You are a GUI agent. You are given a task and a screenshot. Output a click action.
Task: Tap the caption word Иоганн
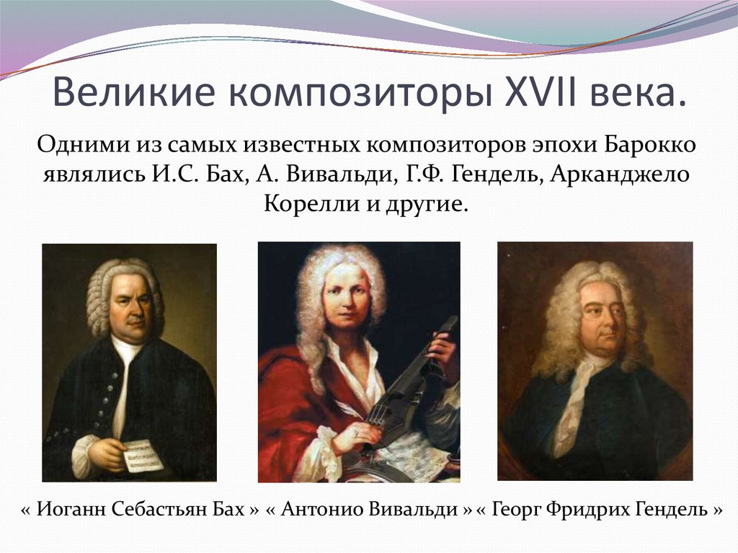pyautogui.click(x=73, y=510)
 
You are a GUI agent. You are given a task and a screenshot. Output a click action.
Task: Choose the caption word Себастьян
pyautogui.click(x=166, y=510)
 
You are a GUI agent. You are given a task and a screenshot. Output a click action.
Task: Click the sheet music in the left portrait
pyautogui.click(x=142, y=455)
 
